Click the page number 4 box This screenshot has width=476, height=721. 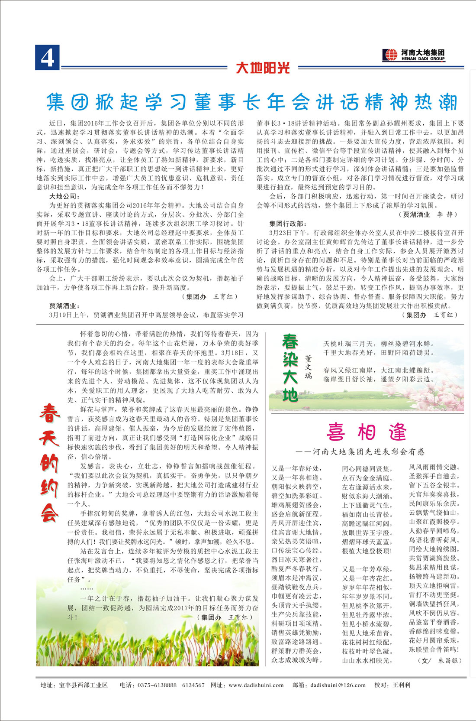point(47,57)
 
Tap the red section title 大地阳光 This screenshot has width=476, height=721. point(263,68)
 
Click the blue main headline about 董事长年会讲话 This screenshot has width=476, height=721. point(252,102)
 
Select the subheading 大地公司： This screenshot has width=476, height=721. point(63,196)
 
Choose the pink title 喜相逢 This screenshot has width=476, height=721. point(367,432)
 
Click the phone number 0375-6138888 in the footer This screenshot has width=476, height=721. point(157,685)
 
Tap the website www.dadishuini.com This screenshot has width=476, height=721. point(256,685)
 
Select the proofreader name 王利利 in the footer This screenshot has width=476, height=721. point(401,685)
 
